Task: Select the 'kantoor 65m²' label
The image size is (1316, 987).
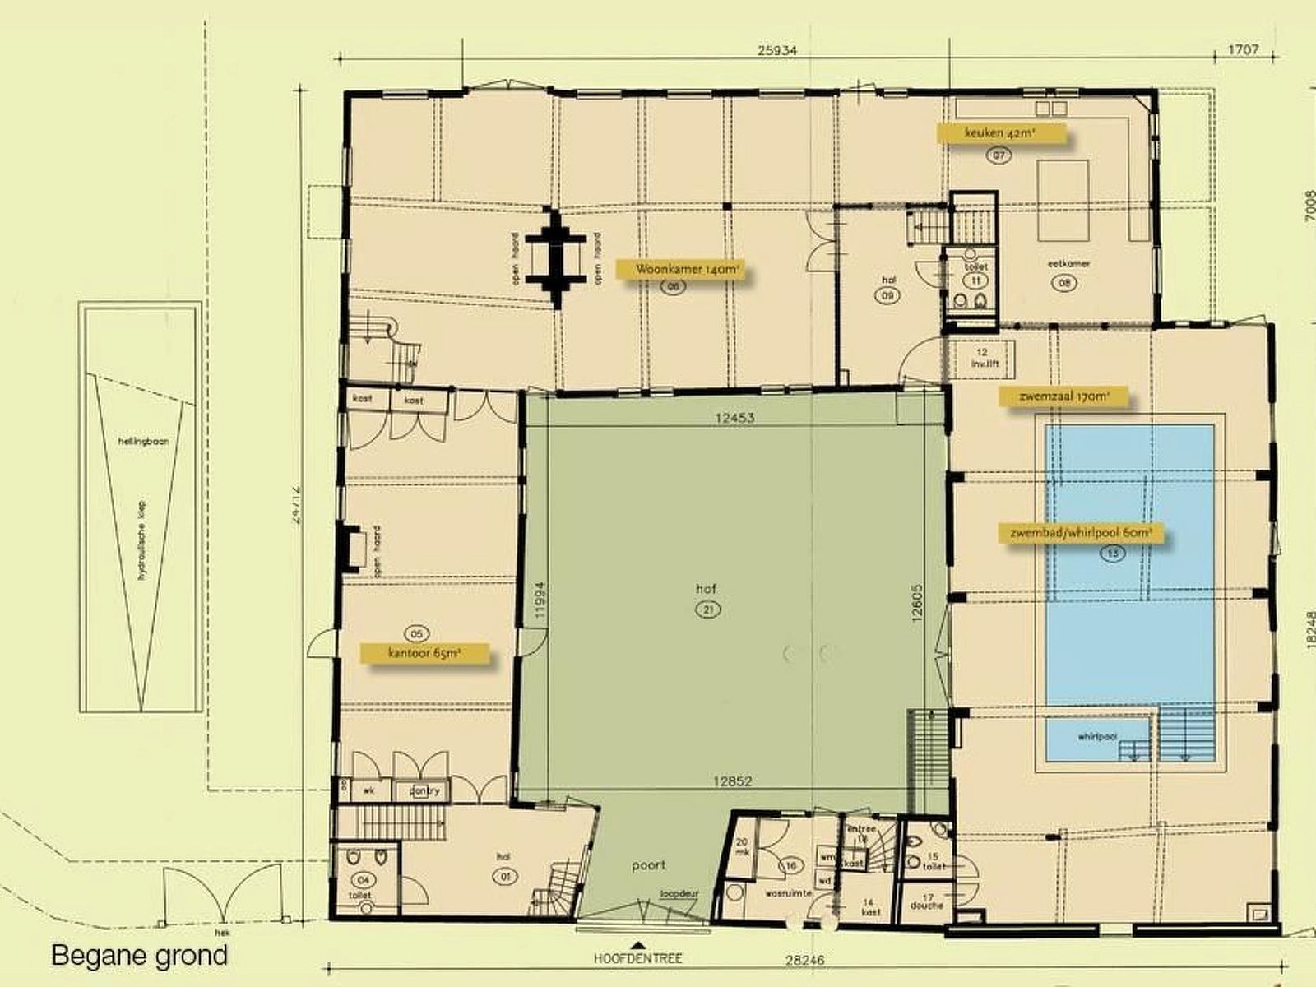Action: click(425, 655)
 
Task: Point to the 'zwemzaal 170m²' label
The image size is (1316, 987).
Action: click(1063, 396)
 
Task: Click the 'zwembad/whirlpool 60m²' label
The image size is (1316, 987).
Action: click(1081, 533)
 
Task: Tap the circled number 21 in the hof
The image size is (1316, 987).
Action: click(707, 609)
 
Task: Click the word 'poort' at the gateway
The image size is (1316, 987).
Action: click(648, 865)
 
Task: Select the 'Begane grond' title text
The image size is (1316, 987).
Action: click(139, 956)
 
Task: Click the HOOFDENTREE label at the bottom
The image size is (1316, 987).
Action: click(638, 958)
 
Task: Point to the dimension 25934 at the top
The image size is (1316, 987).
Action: click(777, 50)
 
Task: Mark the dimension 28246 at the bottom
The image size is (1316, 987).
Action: click(804, 959)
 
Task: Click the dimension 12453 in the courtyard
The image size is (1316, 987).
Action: click(734, 418)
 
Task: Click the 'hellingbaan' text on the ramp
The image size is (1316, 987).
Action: click(143, 442)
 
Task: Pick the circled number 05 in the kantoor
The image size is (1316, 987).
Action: click(417, 633)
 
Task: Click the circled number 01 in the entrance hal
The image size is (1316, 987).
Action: click(504, 877)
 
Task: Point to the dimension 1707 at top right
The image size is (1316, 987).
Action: click(1244, 50)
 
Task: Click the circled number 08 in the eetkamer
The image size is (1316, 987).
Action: click(1063, 283)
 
